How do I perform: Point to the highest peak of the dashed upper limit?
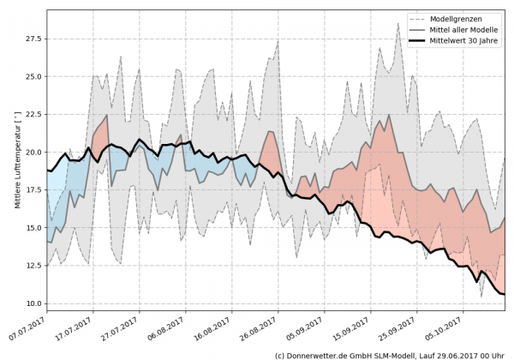(x=398, y=23)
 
